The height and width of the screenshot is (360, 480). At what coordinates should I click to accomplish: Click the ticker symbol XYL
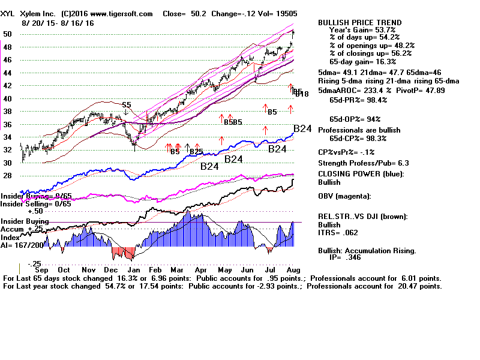coord(10,13)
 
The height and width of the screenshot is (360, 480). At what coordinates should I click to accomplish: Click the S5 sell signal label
coord(126,105)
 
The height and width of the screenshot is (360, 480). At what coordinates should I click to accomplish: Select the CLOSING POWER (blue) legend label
coord(361,175)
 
